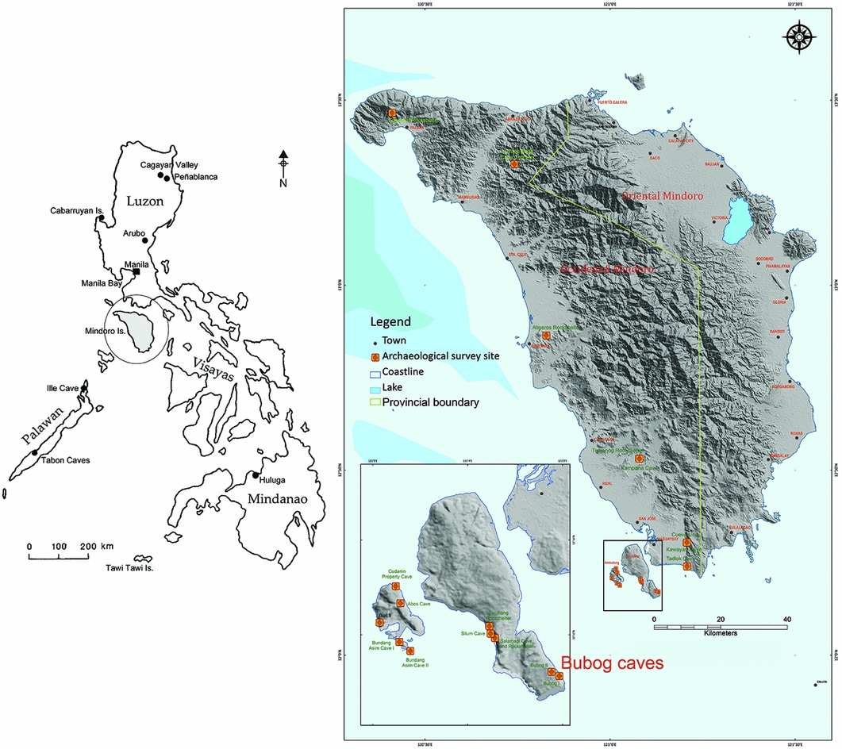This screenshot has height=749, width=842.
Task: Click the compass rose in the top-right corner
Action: click(798, 36)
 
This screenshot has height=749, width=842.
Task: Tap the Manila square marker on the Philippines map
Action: click(136, 271)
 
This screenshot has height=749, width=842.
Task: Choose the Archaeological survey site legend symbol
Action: click(375, 356)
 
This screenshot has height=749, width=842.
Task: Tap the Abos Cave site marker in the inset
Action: click(400, 604)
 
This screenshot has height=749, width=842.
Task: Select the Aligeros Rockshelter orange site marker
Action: click(546, 336)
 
